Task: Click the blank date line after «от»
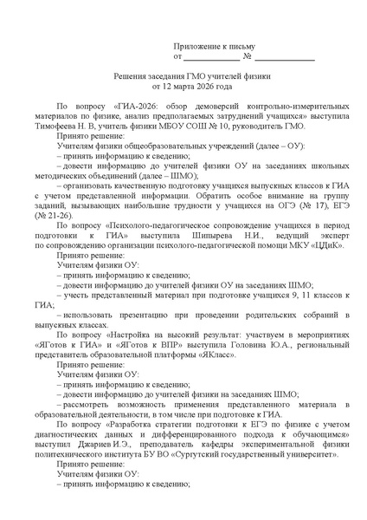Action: click(x=211, y=57)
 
